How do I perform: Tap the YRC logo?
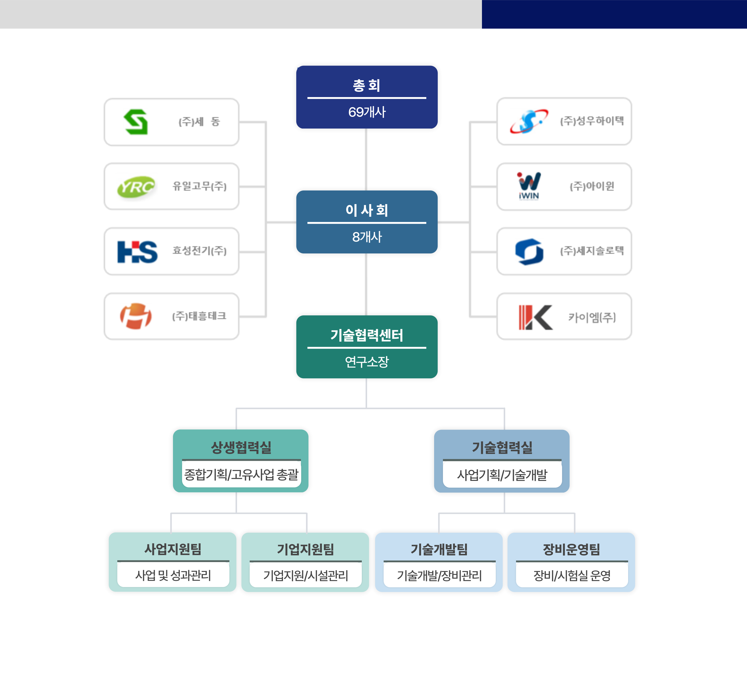(136, 187)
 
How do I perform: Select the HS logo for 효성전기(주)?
(137, 252)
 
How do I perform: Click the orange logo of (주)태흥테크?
(136, 316)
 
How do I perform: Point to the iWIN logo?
(529, 186)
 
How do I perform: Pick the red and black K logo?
(536, 317)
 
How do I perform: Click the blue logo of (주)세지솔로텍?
(529, 252)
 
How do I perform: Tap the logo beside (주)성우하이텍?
(529, 121)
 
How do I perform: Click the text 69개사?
(367, 112)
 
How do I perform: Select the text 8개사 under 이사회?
(367, 237)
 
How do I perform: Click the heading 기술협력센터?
(367, 335)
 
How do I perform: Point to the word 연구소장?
(367, 362)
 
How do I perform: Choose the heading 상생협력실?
(241, 447)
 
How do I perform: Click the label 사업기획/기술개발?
(502, 475)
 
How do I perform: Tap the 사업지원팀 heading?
(173, 549)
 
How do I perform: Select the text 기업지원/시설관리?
(306, 576)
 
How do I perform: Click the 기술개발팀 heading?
(439, 549)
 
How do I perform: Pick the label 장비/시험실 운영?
(572, 576)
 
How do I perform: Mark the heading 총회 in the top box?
(367, 86)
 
